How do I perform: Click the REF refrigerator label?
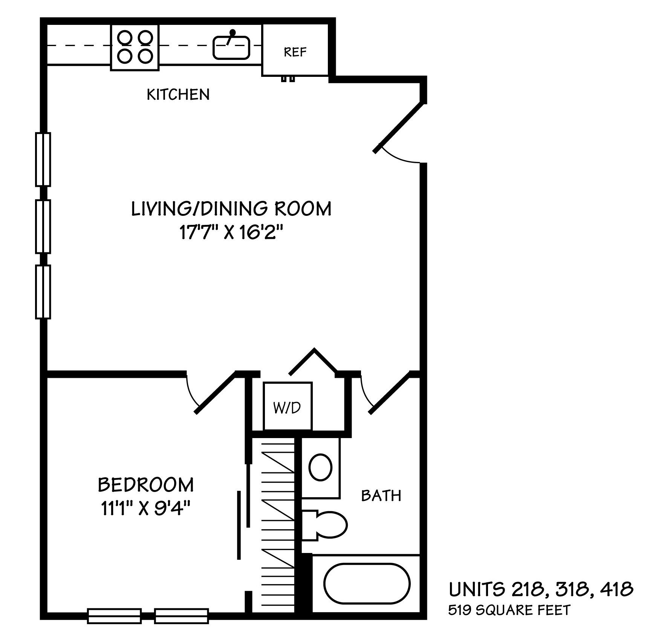click(x=295, y=52)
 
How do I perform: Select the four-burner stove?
click(x=135, y=47)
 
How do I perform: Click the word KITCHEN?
click(x=178, y=94)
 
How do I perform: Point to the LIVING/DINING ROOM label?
click(x=231, y=209)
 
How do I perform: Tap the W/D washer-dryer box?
click(x=288, y=406)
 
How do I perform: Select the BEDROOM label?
click(x=146, y=485)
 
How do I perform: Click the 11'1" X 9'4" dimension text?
click(x=145, y=509)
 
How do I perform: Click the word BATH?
click(x=381, y=496)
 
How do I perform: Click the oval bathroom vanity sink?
click(x=320, y=467)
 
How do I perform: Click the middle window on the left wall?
click(x=43, y=226)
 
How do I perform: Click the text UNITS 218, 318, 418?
click(x=541, y=590)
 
